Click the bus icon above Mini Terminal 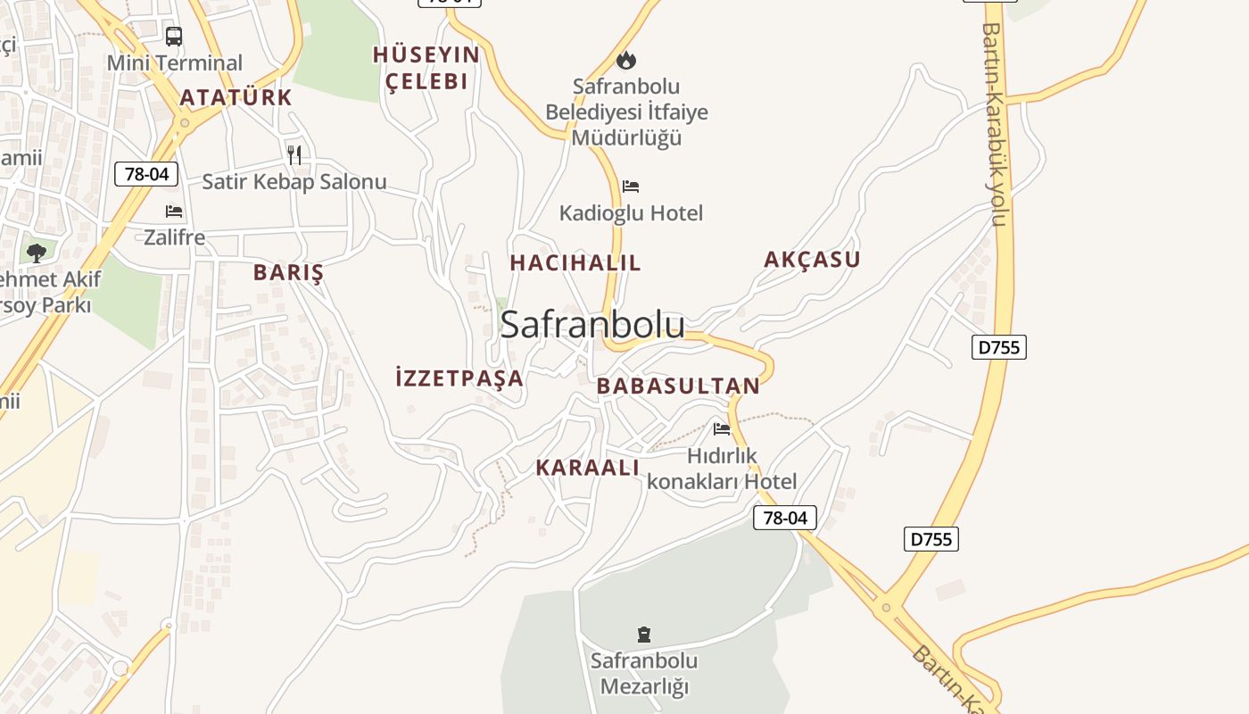[x=174, y=37]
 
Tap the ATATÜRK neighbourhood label [x=236, y=97]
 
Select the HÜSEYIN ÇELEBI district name [x=426, y=68]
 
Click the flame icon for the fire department [x=626, y=60]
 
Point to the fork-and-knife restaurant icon [x=294, y=154]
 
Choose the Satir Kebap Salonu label [x=294, y=182]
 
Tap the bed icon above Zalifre [x=174, y=212]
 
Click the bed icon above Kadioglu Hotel [x=631, y=187]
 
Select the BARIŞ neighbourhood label [x=288, y=273]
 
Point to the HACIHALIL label [x=575, y=263]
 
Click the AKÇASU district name [x=812, y=260]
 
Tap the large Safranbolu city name [x=592, y=325]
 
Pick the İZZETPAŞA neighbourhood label [x=459, y=378]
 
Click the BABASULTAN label [x=678, y=386]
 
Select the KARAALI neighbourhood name [x=588, y=468]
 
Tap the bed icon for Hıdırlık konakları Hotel [x=722, y=429]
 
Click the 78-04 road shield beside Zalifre [x=146, y=174]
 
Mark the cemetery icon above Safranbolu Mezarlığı [x=644, y=635]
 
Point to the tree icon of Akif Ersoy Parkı [x=37, y=253]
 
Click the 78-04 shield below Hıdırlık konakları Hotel [x=785, y=518]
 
